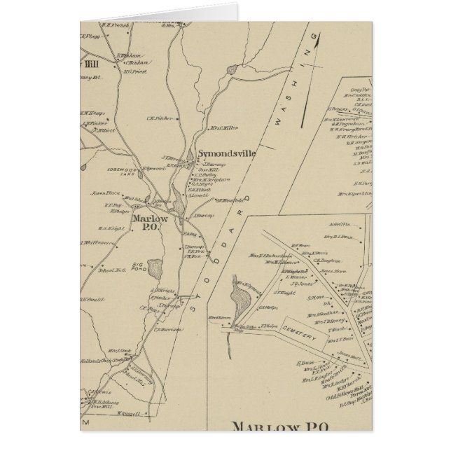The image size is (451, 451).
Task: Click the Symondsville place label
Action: (226, 153)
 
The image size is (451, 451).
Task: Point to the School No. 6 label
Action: (112, 269)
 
